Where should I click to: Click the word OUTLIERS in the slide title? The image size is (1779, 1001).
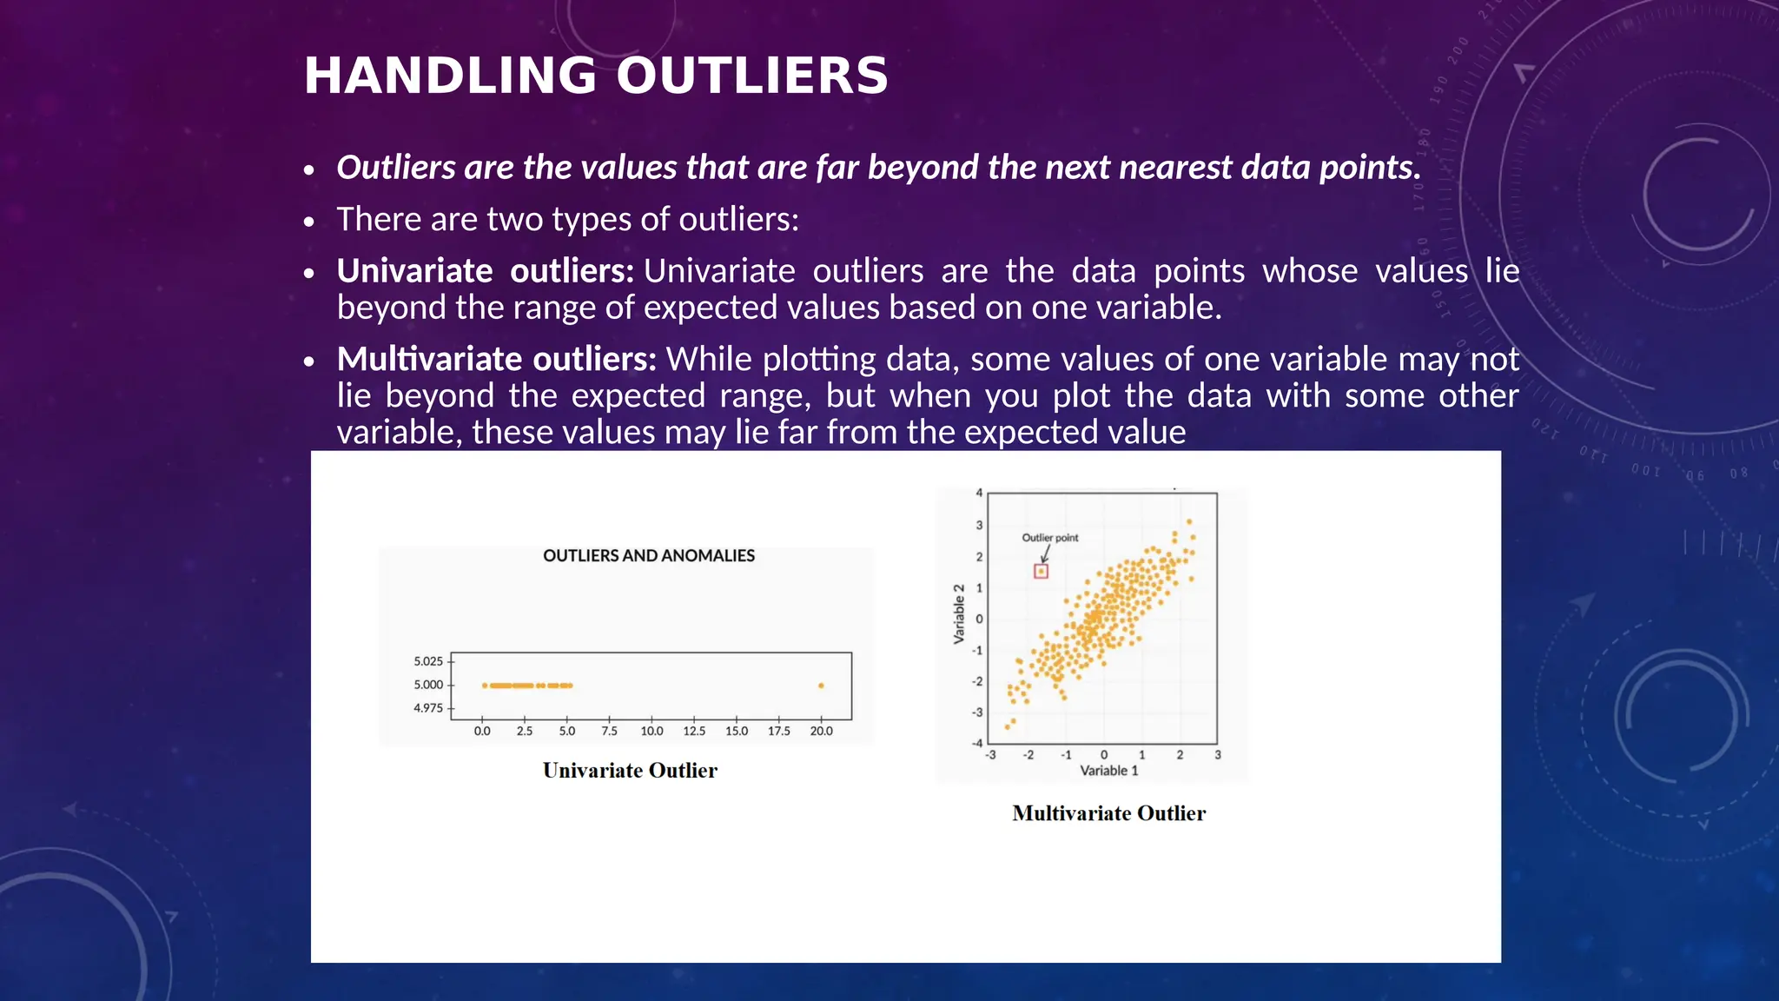(x=752, y=76)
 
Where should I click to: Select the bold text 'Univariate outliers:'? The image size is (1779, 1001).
(x=485, y=271)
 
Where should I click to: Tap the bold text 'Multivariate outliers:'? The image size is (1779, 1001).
(x=496, y=359)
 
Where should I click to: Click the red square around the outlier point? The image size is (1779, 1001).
(x=1041, y=571)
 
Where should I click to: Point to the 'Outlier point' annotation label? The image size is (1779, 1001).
(x=1049, y=538)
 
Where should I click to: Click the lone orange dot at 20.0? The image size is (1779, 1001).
(x=821, y=686)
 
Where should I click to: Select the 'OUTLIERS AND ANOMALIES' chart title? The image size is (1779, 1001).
(x=649, y=556)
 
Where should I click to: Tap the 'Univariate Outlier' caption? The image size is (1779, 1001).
(x=630, y=771)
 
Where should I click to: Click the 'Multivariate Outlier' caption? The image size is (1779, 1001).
(x=1108, y=813)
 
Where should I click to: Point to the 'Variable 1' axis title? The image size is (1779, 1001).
(x=1108, y=771)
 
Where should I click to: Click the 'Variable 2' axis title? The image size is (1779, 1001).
(x=959, y=613)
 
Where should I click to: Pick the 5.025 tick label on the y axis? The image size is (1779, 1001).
(x=428, y=661)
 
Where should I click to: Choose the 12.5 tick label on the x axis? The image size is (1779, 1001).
(x=694, y=732)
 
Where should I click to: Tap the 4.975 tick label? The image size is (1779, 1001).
(x=428, y=708)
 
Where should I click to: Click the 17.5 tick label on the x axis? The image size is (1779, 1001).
(x=778, y=732)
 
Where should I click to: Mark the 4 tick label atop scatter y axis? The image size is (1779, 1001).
(x=979, y=493)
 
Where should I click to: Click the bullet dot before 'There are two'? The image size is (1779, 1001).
(x=308, y=222)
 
